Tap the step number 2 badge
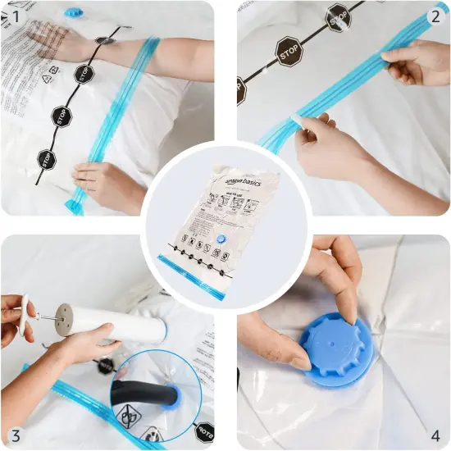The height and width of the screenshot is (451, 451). pos(435,16)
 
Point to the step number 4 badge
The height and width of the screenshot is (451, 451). pos(435,435)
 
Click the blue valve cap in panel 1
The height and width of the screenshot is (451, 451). pos(74,12)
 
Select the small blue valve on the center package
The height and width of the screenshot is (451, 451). pos(220,238)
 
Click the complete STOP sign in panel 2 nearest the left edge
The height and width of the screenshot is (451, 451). pos(288,50)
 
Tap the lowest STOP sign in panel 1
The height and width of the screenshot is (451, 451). pos(46,157)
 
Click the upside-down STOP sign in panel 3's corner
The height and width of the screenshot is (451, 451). pos(205,430)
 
